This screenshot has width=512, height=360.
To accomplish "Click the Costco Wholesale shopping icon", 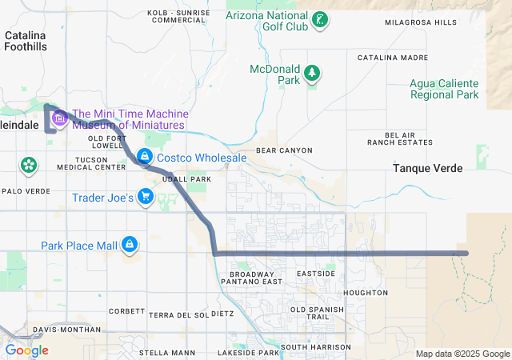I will coord(145,157).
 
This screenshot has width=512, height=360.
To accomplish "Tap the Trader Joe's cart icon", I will coord(145,196).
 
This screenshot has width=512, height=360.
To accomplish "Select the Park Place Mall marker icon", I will coord(130,244).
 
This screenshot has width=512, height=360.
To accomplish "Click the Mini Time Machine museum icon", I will coord(59,119).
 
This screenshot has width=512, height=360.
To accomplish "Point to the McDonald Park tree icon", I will coord(311,74).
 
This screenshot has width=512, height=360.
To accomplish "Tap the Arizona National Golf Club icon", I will coord(319,20).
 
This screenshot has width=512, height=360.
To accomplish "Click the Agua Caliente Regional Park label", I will coord(444,89).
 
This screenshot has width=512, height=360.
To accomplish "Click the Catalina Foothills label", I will coord(26,41).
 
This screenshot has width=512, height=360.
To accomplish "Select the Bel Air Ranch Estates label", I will coord(399,138).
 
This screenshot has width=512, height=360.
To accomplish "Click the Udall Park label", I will coord(186,179).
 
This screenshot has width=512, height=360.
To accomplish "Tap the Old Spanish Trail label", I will coord(321,313).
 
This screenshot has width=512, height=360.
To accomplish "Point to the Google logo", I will coord(27,350).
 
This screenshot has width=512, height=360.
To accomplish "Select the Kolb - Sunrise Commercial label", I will coord(178,16).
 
